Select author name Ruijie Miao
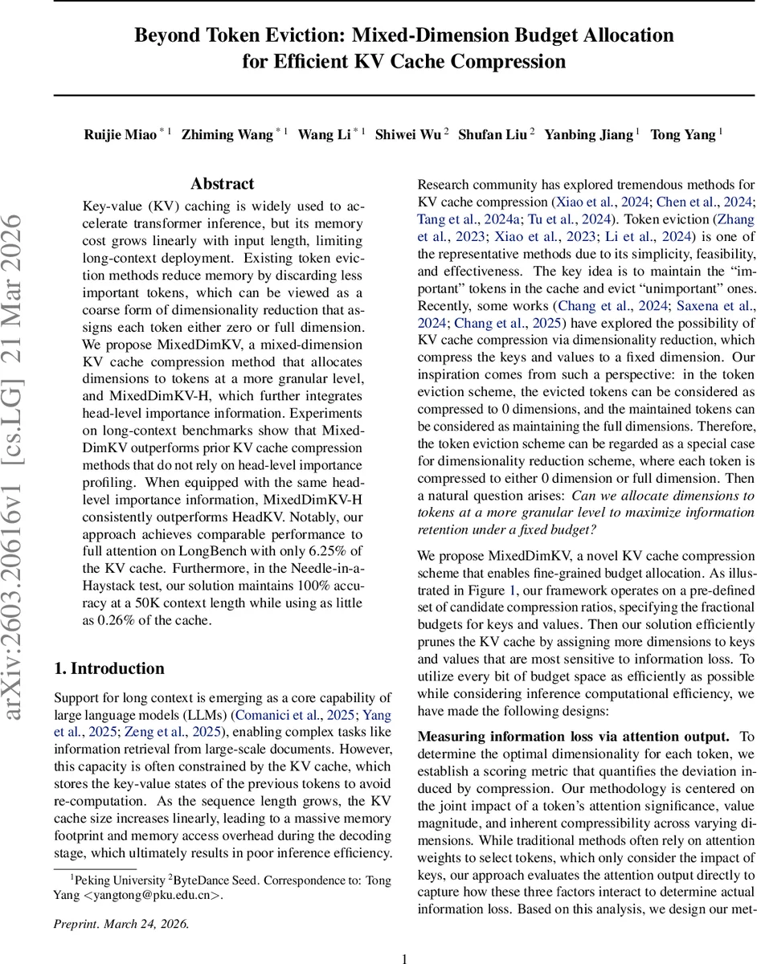tap(121, 135)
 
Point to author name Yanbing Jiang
tap(588, 135)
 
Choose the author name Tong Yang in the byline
tap(682, 135)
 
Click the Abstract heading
tap(222, 184)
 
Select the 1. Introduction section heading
tap(108, 668)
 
